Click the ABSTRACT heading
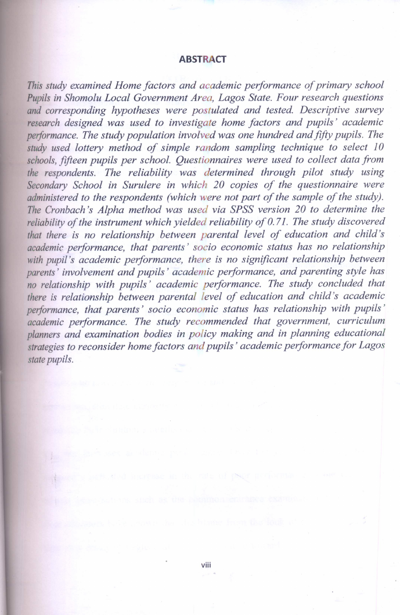(x=203, y=59)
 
